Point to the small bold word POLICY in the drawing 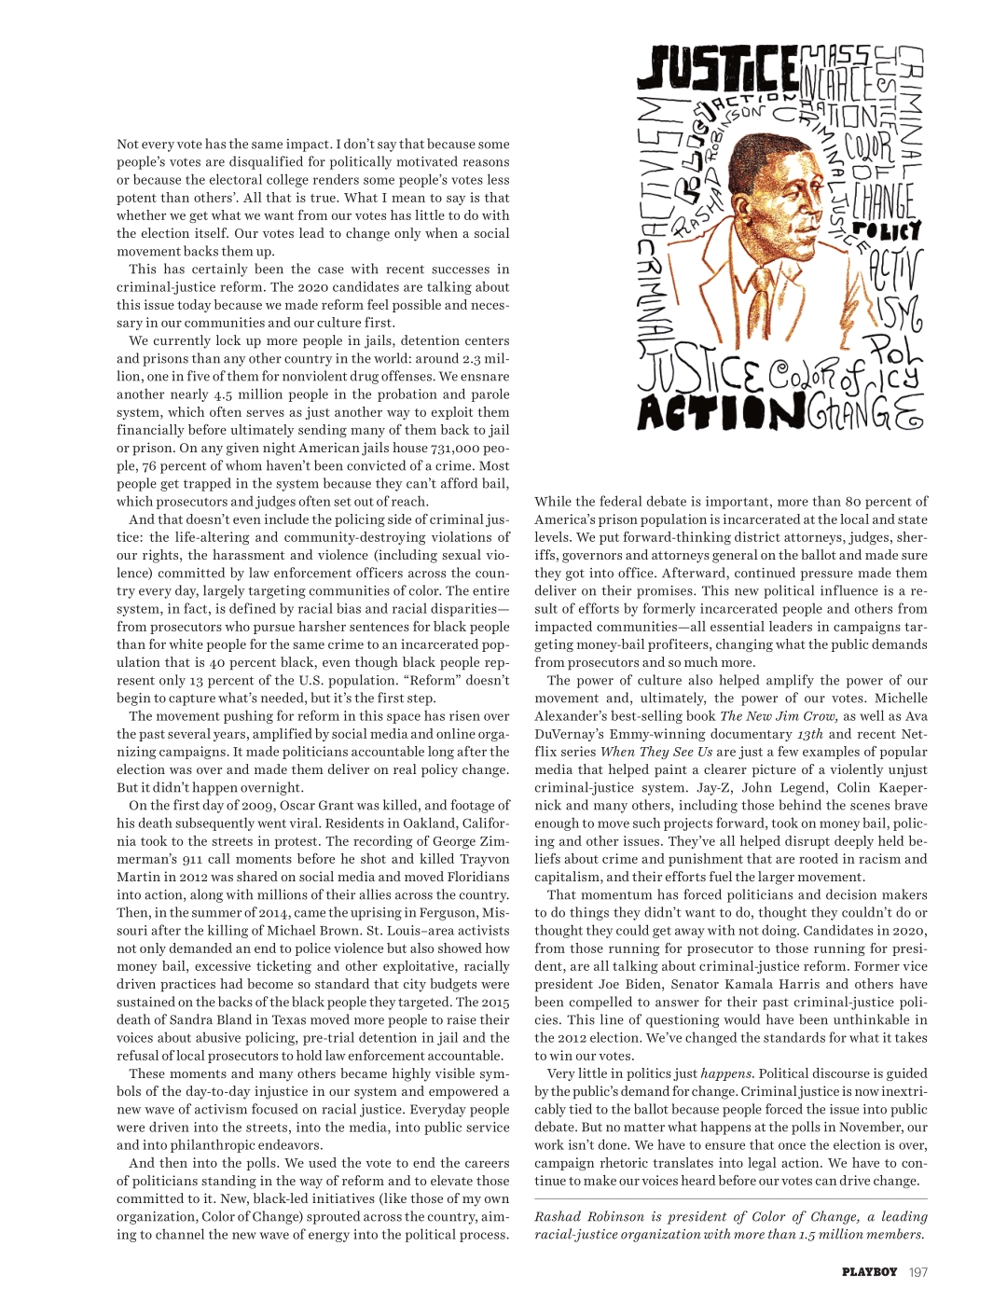(886, 229)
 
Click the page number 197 (917, 1271)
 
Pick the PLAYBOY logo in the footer (869, 1271)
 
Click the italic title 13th (810, 734)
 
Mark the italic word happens (726, 1073)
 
